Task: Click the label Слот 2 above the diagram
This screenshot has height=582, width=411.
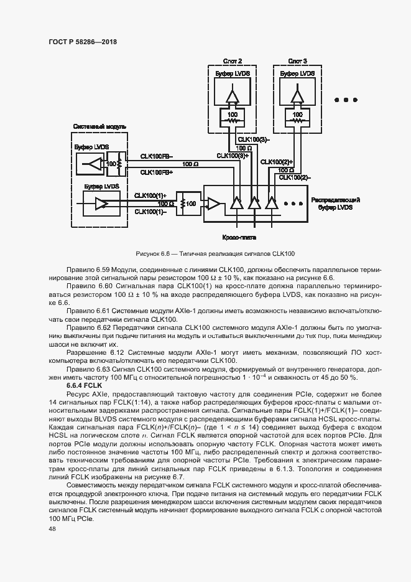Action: tap(233, 62)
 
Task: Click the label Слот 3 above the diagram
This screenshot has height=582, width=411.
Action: tap(297, 62)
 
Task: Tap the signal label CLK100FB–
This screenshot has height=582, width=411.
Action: tap(157, 156)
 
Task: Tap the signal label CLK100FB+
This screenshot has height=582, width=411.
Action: tap(157, 172)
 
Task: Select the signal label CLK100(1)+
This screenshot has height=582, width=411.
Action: tap(151, 195)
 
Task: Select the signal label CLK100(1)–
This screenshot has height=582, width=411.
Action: tap(150, 212)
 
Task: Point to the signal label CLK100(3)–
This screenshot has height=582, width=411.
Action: tap(254, 139)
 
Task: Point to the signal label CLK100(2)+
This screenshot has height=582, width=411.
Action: tap(277, 162)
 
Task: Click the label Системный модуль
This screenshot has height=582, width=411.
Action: tap(99, 126)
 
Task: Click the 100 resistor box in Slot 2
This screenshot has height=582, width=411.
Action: tap(233, 116)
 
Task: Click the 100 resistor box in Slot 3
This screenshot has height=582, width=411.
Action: tap(297, 116)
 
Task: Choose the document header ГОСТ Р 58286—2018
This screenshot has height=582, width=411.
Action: tap(82, 42)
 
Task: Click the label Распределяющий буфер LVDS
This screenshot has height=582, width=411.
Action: tap(336, 204)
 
